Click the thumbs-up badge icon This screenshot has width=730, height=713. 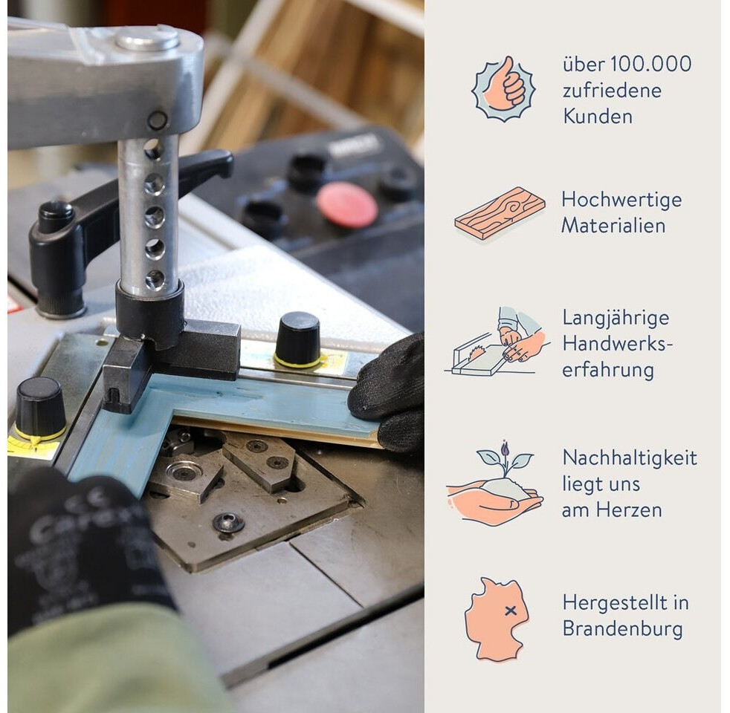click(x=503, y=89)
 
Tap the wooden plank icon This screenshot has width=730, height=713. click(x=500, y=213)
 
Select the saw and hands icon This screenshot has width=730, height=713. click(x=497, y=340)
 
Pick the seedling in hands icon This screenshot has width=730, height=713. click(x=494, y=484)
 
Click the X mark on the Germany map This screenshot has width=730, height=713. click(x=510, y=611)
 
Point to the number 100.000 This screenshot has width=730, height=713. click(x=650, y=64)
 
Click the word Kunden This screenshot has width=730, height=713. click(x=598, y=117)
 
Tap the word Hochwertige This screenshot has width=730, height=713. click(x=621, y=200)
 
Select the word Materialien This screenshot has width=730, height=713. click(x=613, y=226)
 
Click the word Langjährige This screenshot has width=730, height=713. click(x=616, y=318)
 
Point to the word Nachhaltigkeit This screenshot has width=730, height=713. click(x=630, y=458)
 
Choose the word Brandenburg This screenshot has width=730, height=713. click(x=622, y=629)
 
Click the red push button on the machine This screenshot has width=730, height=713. click(x=347, y=205)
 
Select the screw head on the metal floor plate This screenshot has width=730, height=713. click(x=229, y=524)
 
